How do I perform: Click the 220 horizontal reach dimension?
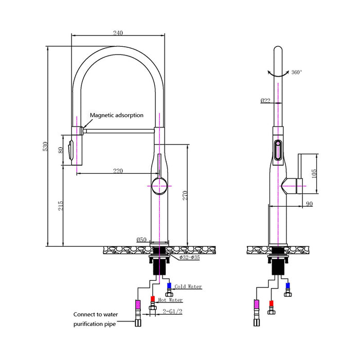[x=118, y=171]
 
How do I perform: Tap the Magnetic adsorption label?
[x=117, y=116]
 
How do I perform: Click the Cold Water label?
[x=188, y=286]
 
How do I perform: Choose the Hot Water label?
[x=170, y=300]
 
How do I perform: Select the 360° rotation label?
[x=296, y=73]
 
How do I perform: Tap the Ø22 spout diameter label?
[x=265, y=100]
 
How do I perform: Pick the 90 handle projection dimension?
[x=309, y=204]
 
